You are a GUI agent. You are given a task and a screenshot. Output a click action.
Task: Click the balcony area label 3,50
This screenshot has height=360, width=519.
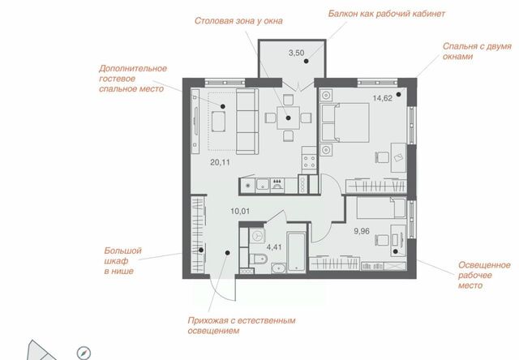click(296, 53)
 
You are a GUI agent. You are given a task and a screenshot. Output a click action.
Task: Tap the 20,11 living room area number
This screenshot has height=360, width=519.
click(220, 162)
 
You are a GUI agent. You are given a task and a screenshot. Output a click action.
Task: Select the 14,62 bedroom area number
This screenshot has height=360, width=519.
click(382, 98)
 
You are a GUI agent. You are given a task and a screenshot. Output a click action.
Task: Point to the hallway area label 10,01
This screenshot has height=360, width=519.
click(240, 211)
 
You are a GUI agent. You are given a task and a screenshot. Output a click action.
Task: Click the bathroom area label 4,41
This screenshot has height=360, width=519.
click(274, 247)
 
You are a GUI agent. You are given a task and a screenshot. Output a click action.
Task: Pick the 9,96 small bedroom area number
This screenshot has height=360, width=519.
click(362, 231)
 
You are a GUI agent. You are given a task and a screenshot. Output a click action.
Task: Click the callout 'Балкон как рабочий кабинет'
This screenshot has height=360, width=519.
click(387, 14)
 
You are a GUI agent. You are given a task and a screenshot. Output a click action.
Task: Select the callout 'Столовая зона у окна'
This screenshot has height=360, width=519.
click(238, 21)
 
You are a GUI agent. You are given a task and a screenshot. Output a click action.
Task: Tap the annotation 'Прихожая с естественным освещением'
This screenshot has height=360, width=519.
click(242, 325)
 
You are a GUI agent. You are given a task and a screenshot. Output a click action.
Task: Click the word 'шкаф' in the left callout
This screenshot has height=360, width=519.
click(116, 261)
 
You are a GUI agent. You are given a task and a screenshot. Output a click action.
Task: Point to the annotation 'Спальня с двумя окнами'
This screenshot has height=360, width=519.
click(477, 51)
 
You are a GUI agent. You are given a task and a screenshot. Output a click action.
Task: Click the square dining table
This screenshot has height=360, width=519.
click(289, 118)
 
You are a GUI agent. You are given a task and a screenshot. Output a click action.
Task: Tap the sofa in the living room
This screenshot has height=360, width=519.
click(247, 121)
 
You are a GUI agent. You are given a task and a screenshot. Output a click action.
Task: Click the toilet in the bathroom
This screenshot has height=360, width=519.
click(258, 259)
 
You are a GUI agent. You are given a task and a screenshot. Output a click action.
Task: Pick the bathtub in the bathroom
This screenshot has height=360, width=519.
click(296, 252)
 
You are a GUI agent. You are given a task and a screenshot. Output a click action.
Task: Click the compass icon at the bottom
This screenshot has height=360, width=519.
click(84, 353)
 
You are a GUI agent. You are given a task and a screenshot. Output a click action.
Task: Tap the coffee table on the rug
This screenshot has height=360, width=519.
click(218, 122)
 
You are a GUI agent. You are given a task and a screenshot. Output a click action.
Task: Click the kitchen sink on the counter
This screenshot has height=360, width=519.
click(263, 185)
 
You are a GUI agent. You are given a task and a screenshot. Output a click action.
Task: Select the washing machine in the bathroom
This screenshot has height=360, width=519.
click(257, 236)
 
